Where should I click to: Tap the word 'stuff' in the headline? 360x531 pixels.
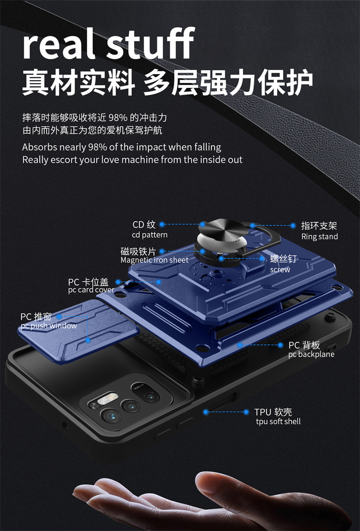pyautogui.click(x=150, y=44)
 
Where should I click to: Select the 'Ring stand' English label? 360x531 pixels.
pyautogui.click(x=319, y=237)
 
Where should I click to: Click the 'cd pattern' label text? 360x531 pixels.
pyautogui.click(x=149, y=235)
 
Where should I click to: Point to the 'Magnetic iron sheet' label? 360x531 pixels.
pyautogui.click(x=154, y=260)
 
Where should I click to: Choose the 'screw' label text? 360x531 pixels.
pyautogui.click(x=280, y=270)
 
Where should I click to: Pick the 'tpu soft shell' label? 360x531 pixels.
pyautogui.click(x=278, y=422)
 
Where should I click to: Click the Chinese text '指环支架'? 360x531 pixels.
pyautogui.click(x=319, y=226)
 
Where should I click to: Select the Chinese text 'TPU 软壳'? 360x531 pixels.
pyautogui.click(x=273, y=412)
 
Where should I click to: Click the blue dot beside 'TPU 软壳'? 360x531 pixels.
pyautogui.click(x=246, y=412)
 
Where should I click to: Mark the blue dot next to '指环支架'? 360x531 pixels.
pyautogui.click(x=292, y=226)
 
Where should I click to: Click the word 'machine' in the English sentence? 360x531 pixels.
pyautogui.click(x=140, y=160)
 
